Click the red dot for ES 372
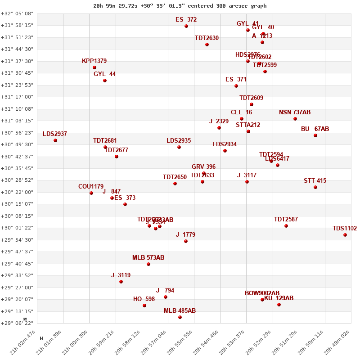(x=186, y=26)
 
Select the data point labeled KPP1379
(x=94, y=67)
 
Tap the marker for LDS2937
(x=55, y=140)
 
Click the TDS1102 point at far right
(x=345, y=235)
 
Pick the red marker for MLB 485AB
(x=180, y=317)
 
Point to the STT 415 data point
(x=315, y=187)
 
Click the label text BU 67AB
(x=315, y=129)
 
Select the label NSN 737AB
(x=295, y=112)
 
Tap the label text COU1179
(x=91, y=187)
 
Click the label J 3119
(x=121, y=275)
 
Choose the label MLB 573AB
(x=148, y=258)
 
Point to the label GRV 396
(x=203, y=167)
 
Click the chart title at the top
(x=180, y=6)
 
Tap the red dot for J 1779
(x=186, y=241)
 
